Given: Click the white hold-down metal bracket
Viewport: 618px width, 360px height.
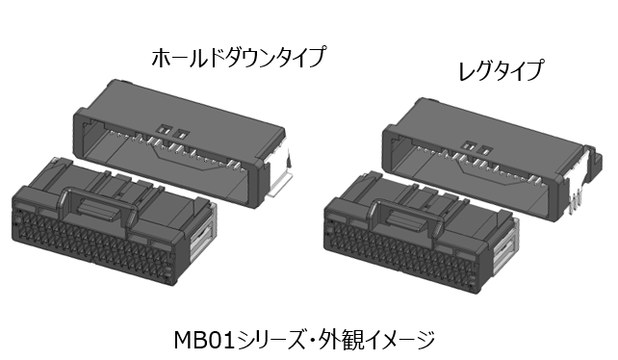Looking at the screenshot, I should pos(279,183).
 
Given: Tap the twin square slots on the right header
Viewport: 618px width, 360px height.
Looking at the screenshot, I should pos(478,148).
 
